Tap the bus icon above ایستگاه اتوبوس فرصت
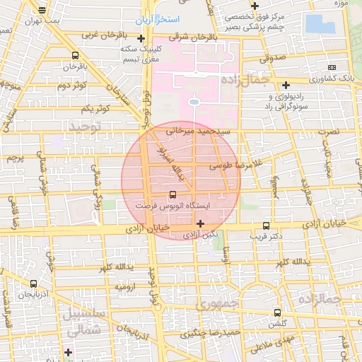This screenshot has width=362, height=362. (173, 194)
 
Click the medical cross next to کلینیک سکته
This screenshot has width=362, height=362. (141, 38)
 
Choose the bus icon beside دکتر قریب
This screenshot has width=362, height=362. (266, 220)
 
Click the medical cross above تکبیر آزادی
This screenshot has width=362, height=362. (201, 223)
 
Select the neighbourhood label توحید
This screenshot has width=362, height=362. (86, 125)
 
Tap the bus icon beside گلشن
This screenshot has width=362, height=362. (276, 312)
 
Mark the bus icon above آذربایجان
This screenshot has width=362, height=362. (34, 284)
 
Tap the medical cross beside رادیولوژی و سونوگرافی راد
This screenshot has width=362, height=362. (286, 84)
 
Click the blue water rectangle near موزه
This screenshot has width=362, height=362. (325, 24)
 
